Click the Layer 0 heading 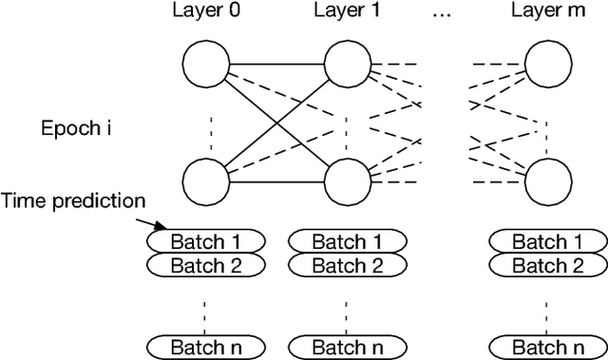point(205,10)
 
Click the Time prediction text point(73,200)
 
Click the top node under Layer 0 point(205,66)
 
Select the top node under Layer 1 point(346,66)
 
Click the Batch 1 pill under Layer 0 point(205,241)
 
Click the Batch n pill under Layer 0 point(205,346)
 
